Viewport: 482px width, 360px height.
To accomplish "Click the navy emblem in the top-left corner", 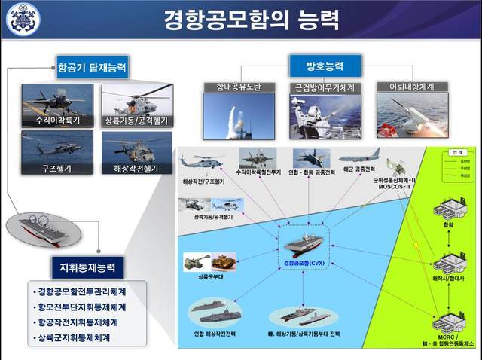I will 23,20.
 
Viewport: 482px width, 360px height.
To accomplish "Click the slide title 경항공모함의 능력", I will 241,19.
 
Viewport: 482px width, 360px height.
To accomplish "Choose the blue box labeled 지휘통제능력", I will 87,267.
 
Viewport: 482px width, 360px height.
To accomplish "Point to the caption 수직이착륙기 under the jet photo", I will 58,121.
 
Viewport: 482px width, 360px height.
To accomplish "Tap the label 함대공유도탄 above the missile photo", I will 231,87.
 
